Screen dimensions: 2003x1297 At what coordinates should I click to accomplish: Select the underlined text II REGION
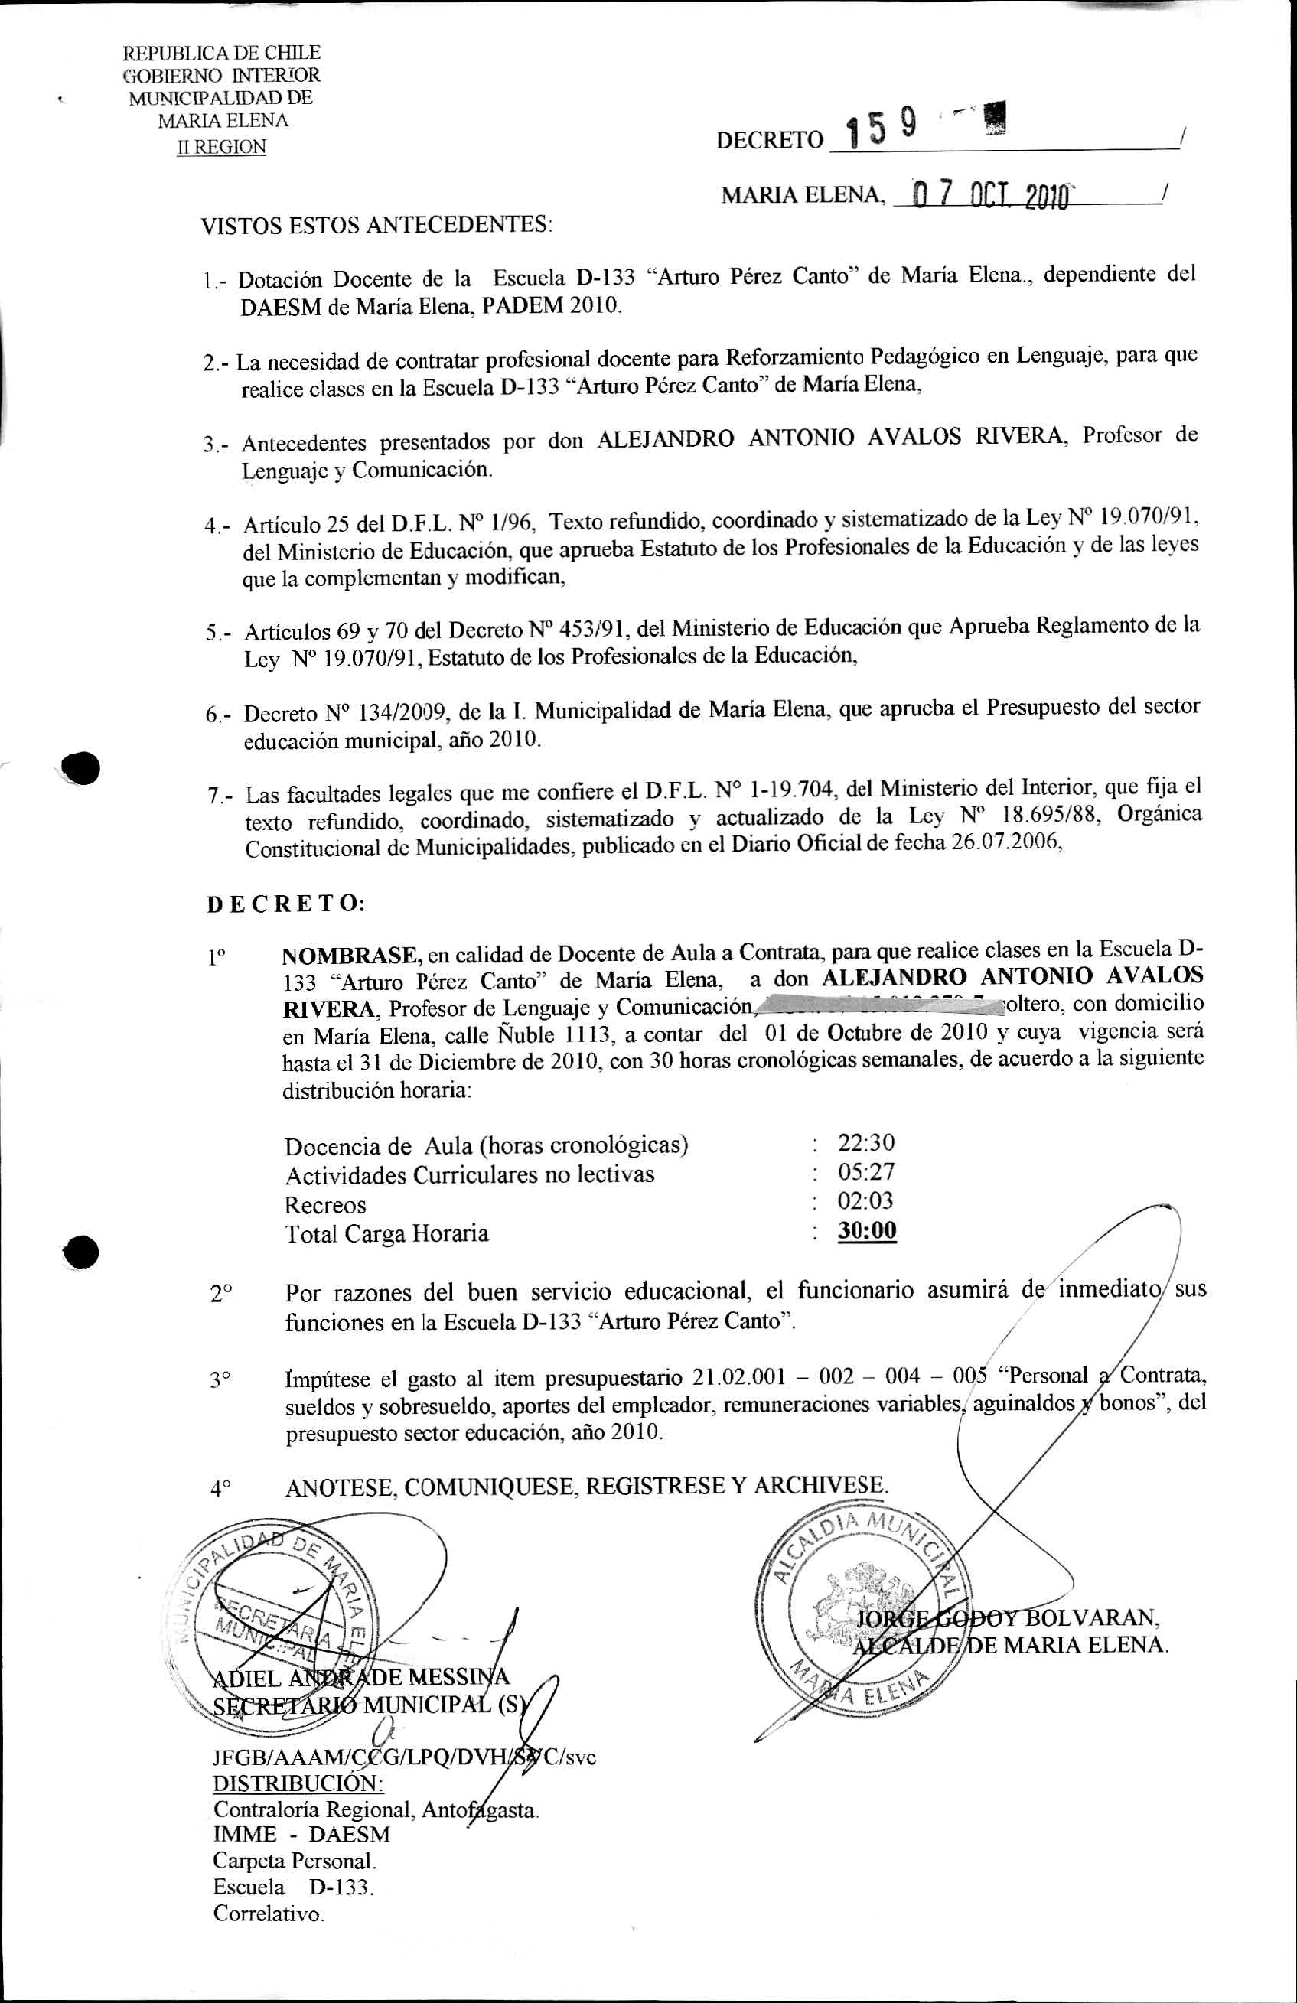tap(221, 147)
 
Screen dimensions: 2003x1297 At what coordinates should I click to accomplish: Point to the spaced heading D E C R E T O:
tap(285, 904)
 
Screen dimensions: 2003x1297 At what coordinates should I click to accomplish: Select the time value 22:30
tap(866, 1143)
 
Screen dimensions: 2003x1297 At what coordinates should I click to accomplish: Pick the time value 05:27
tap(866, 1171)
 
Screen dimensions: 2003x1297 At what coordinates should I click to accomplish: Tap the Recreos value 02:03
tap(865, 1201)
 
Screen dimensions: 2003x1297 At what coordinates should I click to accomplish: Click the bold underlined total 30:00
tap(867, 1231)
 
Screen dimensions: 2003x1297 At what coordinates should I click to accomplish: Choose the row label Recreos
tap(325, 1205)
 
